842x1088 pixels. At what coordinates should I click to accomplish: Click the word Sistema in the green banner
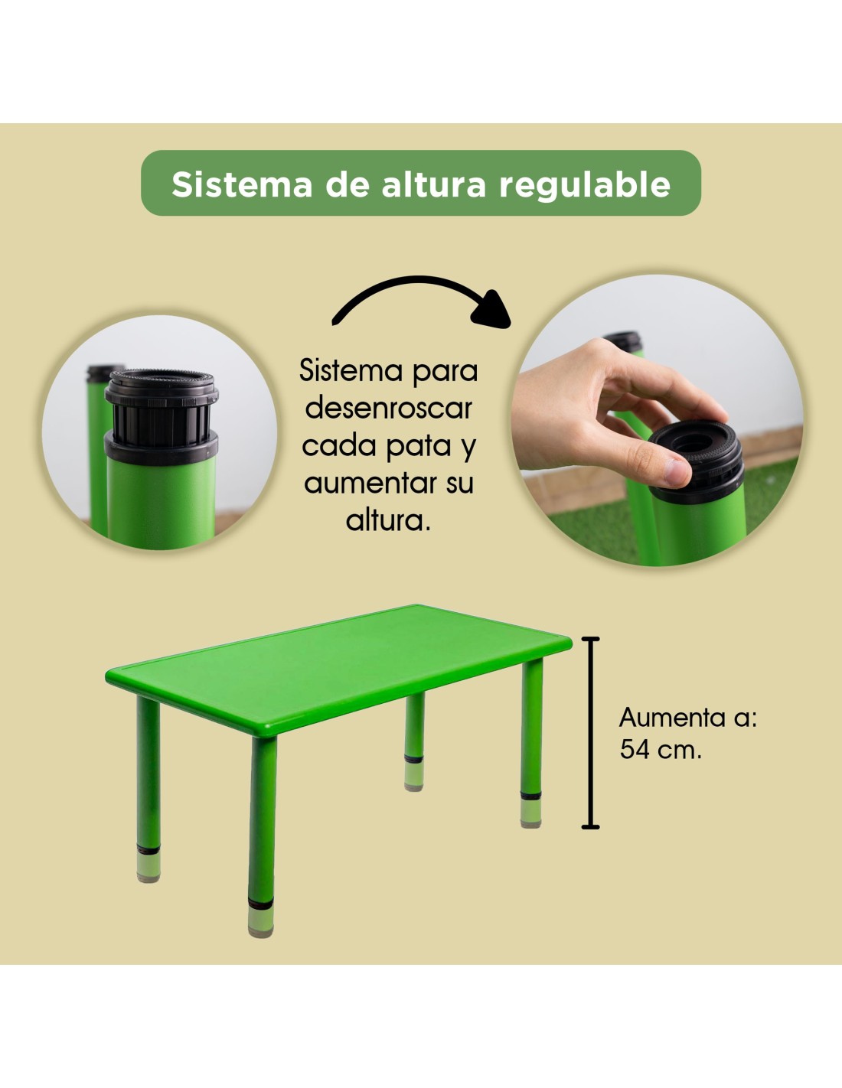(242, 184)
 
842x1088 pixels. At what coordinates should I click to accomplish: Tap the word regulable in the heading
(585, 185)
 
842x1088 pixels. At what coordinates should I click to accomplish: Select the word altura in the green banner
(434, 184)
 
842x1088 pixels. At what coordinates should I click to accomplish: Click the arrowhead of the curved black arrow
(491, 311)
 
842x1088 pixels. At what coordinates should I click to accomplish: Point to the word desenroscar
(389, 409)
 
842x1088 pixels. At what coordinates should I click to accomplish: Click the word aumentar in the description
(367, 484)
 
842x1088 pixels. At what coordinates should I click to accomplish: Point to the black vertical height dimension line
(591, 732)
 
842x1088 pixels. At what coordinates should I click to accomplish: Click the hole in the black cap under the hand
(694, 442)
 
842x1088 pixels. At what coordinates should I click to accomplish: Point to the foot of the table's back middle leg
(414, 778)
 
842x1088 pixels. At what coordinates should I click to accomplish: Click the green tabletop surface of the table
(338, 665)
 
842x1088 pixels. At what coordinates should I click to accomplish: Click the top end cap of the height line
(591, 639)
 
